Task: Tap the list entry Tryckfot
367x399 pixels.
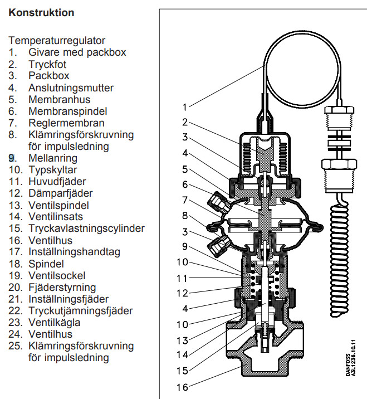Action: pyautogui.click(x=47, y=64)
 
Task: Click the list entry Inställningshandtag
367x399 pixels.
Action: pyautogui.click(x=74, y=252)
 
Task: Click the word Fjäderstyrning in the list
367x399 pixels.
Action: pyautogui.click(x=62, y=287)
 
